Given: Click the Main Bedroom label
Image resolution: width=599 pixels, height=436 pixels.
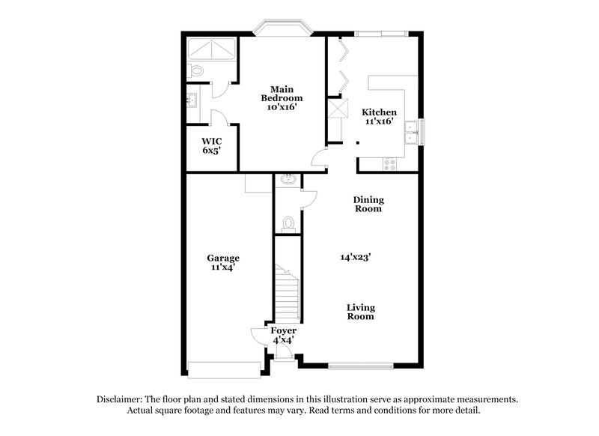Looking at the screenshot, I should pos(282,98).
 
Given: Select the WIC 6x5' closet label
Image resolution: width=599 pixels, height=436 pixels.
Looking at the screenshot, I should pos(212,145).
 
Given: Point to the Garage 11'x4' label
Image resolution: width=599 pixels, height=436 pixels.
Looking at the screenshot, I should pos(223,262).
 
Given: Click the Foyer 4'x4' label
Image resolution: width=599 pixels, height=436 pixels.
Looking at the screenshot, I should pos(284,335).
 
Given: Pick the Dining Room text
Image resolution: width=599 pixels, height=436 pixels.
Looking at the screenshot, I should pos(368,204).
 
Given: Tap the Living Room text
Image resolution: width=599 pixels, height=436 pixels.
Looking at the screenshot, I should pos(361,312).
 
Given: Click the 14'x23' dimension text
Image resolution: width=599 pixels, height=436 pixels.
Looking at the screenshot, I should pos(356,257).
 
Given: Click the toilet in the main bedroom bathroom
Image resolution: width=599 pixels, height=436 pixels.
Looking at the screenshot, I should pos(196,71).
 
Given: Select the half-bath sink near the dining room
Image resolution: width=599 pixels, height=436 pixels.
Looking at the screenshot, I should pos(288,180).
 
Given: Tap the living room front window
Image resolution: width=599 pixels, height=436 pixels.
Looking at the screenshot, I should pos(361,366).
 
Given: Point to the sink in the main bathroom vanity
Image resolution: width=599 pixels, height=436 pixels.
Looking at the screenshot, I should pos(192,100).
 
